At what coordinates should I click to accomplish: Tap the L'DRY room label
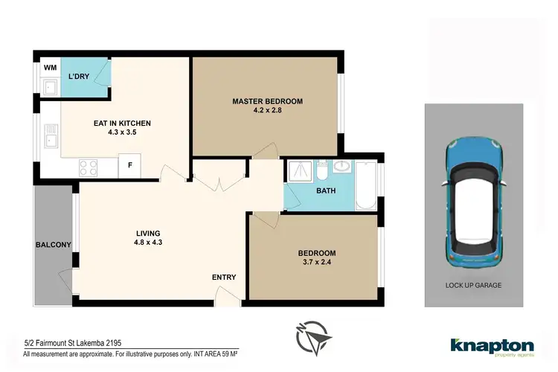click(79, 77)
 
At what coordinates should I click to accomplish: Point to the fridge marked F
click(129, 165)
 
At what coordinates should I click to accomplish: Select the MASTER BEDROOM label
click(267, 101)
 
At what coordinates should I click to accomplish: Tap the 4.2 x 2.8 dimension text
click(267, 112)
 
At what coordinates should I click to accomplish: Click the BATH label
click(326, 191)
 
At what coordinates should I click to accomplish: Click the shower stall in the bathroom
click(299, 173)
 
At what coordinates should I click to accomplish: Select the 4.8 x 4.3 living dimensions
click(144, 243)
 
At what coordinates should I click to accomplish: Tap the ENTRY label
click(223, 278)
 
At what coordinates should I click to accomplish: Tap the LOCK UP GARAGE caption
click(474, 285)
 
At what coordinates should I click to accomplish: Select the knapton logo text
click(492, 345)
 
